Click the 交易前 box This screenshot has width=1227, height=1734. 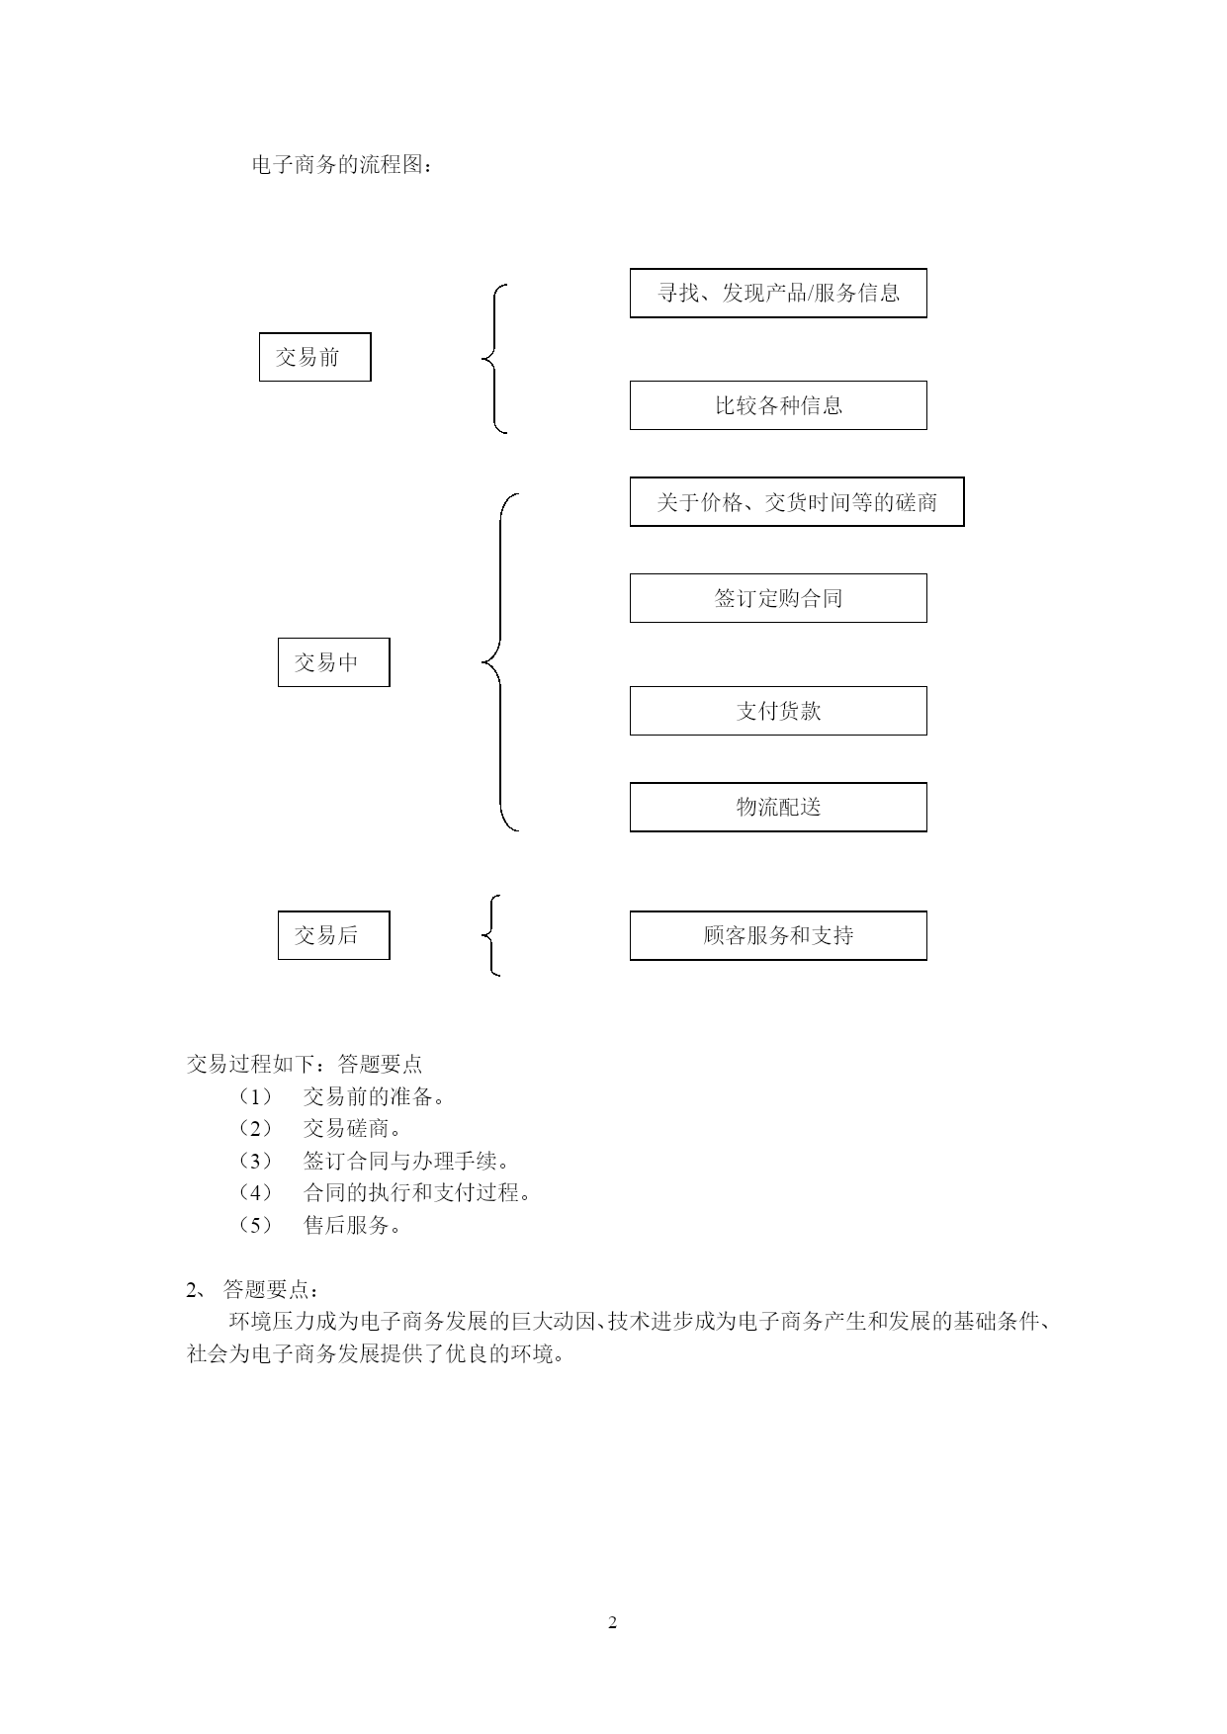pos(314,357)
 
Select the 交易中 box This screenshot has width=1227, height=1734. pos(333,662)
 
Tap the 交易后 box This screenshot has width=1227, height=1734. pos(333,935)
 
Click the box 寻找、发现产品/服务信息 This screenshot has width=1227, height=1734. pos(778,293)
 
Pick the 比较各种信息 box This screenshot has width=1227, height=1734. pos(778,405)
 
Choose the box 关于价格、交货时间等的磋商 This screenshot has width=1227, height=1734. pos(797,502)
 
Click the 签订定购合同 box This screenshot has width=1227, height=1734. pos(778,598)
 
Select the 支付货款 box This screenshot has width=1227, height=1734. pos(778,711)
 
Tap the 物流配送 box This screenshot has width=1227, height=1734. pos(778,807)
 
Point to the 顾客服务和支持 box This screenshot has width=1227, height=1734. pos(778,935)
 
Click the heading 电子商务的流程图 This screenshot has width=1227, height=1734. pos(342,165)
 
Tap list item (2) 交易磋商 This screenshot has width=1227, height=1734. pos(320,1128)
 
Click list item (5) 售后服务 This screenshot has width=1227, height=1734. pos(320,1225)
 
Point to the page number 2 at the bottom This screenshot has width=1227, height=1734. pos(612,1622)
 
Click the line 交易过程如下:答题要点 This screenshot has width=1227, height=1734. pos(305,1064)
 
